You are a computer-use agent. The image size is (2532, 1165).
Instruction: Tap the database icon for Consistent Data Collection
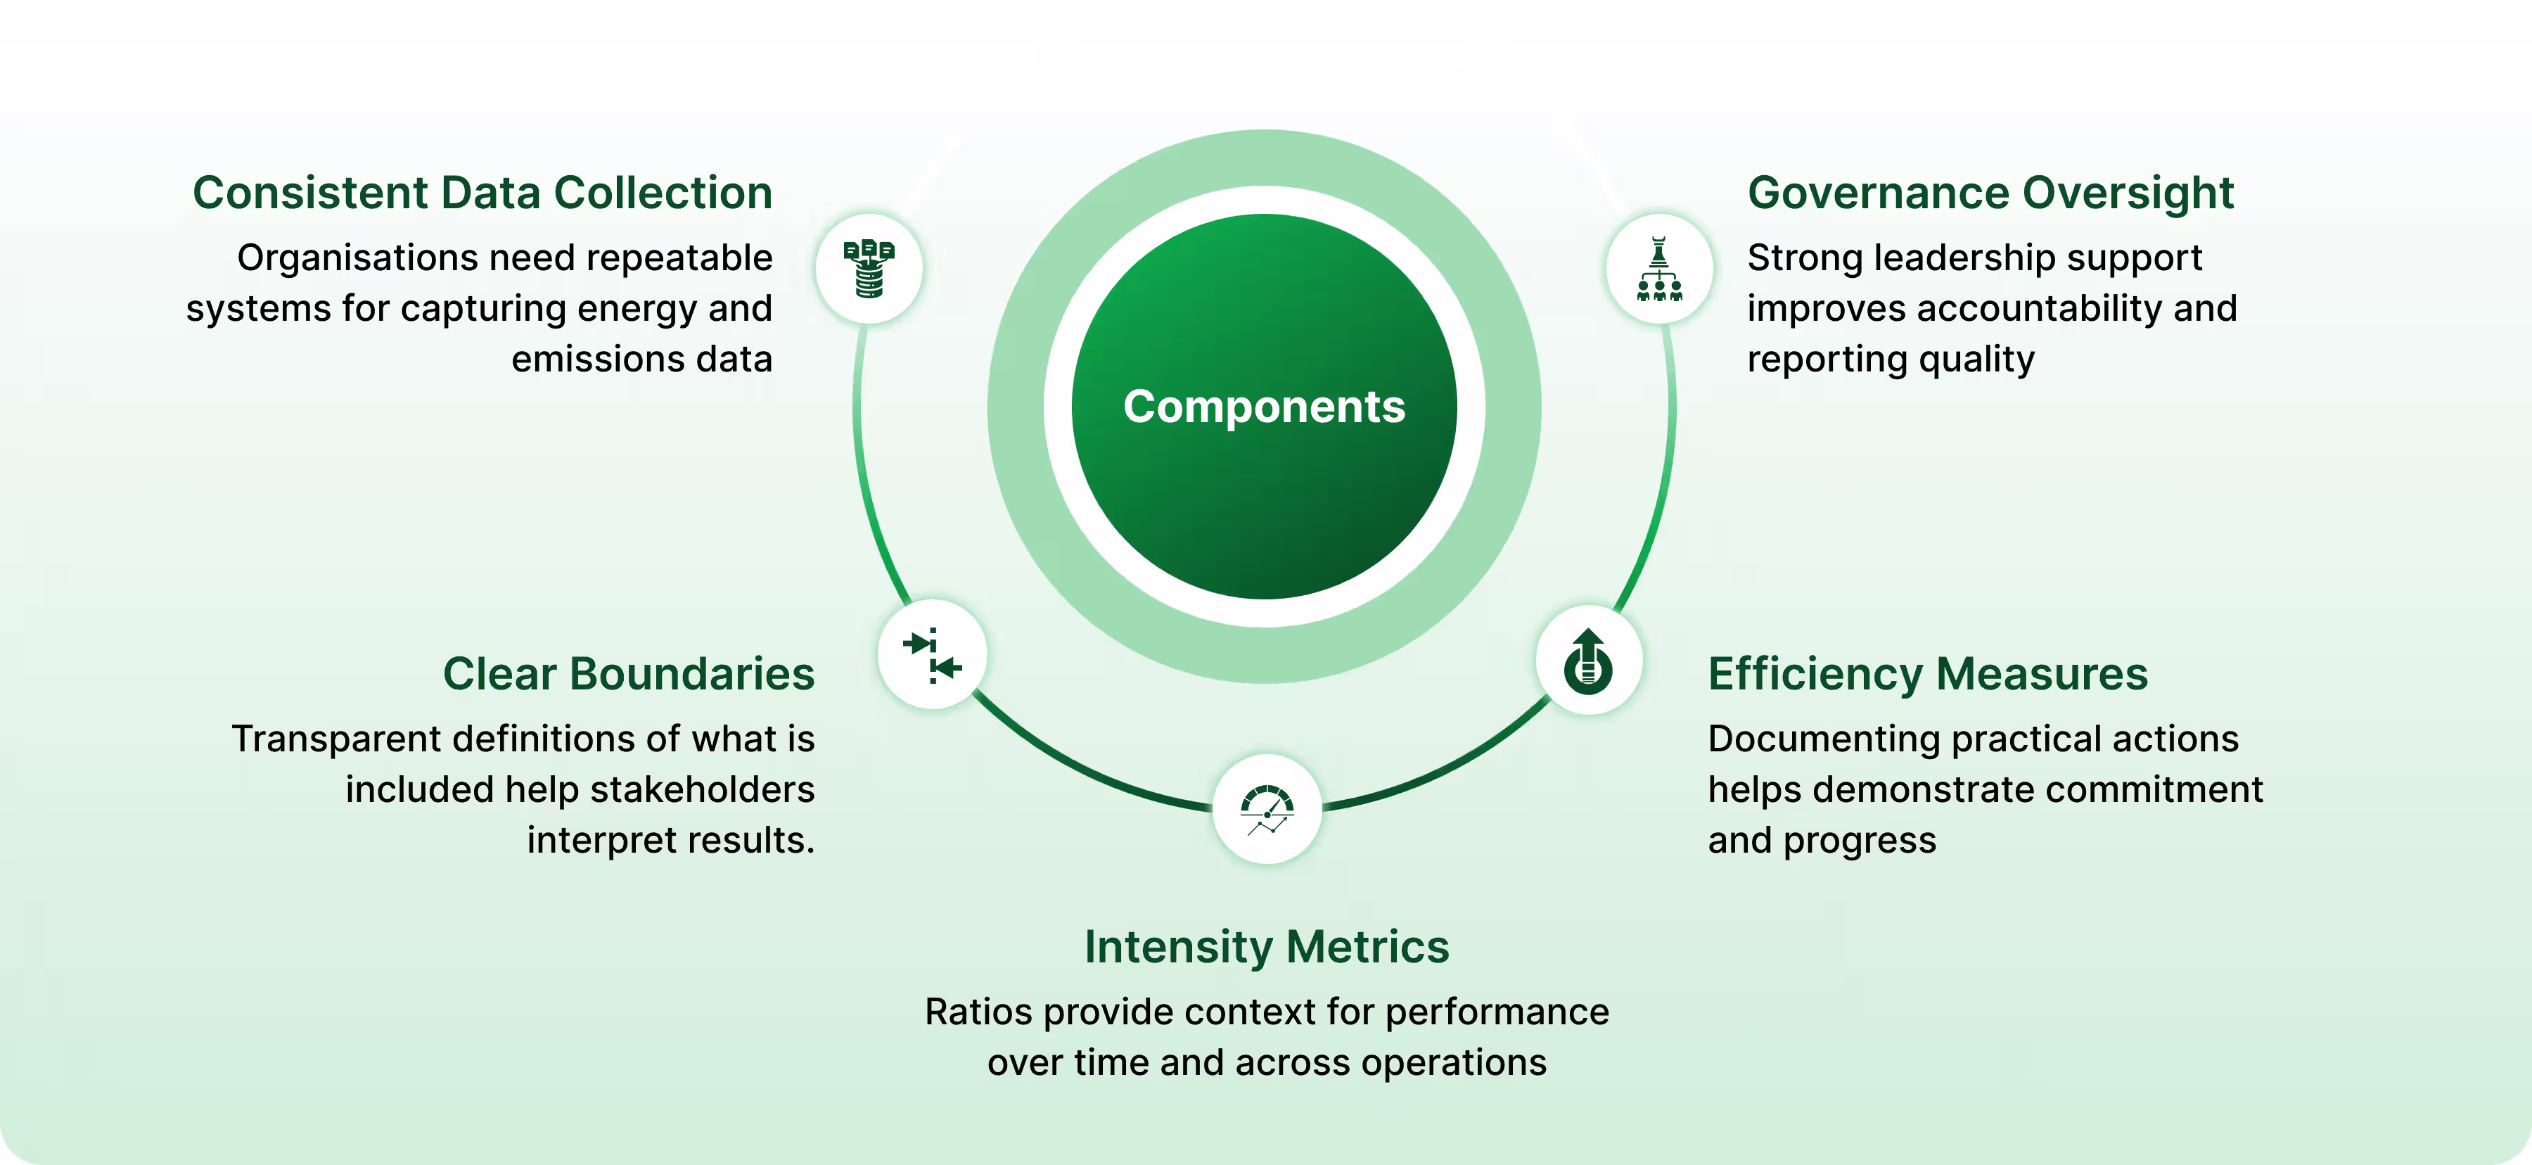(869, 269)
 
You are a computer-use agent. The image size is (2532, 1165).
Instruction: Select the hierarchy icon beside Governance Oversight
(1659, 269)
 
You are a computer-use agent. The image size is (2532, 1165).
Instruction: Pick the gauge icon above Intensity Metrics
(1267, 809)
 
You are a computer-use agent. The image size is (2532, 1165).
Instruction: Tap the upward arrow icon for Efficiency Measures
(1588, 661)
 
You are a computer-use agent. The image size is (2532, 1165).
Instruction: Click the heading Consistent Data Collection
(482, 193)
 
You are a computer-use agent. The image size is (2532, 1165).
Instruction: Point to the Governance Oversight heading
(1990, 193)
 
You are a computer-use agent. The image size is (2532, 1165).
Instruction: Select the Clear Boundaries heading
(629, 675)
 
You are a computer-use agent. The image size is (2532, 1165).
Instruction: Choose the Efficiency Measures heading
(1928, 675)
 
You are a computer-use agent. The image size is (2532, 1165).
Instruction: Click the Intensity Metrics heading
(1267, 948)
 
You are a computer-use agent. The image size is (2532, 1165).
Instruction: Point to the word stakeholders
(702, 789)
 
